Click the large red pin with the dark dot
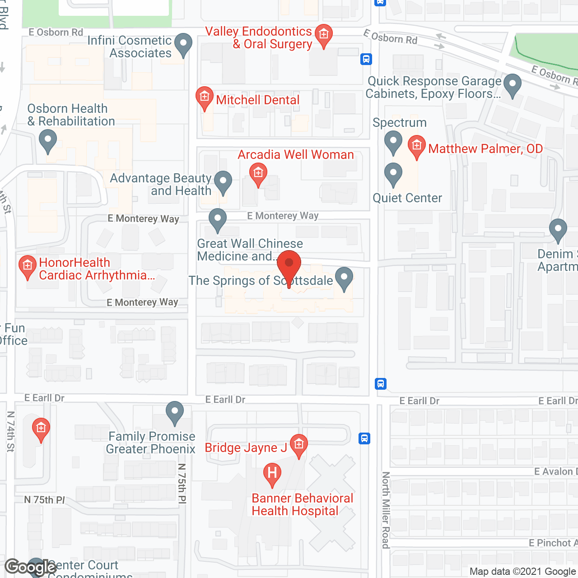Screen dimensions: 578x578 [x=289, y=264]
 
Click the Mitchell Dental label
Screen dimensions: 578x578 [x=257, y=100]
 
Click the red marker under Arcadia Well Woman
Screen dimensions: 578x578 [x=258, y=173]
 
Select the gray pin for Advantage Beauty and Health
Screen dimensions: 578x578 [x=223, y=182]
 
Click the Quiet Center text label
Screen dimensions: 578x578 [x=407, y=198]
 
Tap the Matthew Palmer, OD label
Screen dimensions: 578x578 [x=485, y=149]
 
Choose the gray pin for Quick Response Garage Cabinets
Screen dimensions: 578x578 [x=513, y=84]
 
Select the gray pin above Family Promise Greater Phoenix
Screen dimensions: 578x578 [x=175, y=412]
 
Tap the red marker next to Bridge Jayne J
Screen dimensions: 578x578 [x=298, y=445]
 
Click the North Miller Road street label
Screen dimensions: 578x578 [x=386, y=510]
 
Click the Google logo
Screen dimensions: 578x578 [x=31, y=567]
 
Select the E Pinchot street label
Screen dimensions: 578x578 [x=553, y=543]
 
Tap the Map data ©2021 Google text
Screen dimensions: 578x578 [x=523, y=572]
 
